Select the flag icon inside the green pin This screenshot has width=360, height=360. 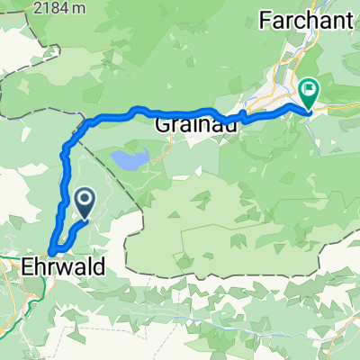tap(310, 89)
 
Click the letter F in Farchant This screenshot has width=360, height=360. tap(265, 17)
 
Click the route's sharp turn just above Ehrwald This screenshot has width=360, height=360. tap(51, 247)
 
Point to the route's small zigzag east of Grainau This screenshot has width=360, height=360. tap(242, 115)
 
